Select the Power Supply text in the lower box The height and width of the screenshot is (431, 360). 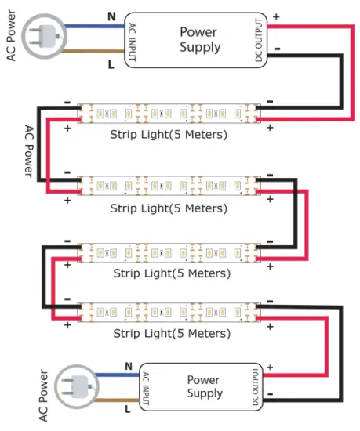tap(202, 386)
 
